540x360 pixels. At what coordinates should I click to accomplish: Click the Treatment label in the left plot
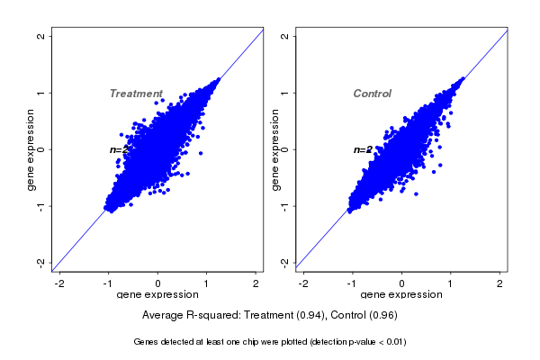click(x=136, y=94)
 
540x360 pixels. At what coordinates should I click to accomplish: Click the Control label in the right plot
click(x=372, y=94)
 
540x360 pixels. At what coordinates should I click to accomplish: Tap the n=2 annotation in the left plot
click(x=117, y=149)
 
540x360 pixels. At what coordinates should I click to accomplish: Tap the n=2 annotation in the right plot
click(x=362, y=149)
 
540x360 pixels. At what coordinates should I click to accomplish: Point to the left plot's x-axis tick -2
click(x=60, y=283)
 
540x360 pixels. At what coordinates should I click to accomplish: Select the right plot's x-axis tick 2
click(x=499, y=283)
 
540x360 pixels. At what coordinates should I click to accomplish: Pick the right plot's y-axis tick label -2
click(x=285, y=262)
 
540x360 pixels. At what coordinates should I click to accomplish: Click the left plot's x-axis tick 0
click(x=158, y=283)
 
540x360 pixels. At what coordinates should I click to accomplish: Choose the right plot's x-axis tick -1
click(x=352, y=283)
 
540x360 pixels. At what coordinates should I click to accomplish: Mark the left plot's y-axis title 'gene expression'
click(x=31, y=149)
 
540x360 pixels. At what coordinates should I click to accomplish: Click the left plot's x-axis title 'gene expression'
click(x=158, y=295)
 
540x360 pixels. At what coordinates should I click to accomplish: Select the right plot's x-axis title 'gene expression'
click(x=401, y=295)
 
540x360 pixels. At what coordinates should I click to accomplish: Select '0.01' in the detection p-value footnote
click(x=393, y=342)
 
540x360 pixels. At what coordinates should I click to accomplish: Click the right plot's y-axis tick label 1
click(x=285, y=93)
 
